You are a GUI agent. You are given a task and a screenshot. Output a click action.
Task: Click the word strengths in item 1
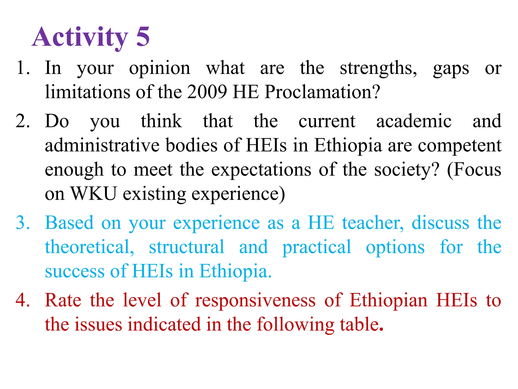click(x=378, y=68)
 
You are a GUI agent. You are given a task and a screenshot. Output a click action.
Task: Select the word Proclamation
click(x=322, y=92)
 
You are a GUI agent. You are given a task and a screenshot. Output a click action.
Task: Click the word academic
click(x=414, y=121)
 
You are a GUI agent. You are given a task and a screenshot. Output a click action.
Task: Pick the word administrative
click(x=102, y=145)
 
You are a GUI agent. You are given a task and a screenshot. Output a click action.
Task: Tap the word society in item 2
click(x=407, y=170)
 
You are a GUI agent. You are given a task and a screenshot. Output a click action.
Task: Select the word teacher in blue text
click(x=373, y=223)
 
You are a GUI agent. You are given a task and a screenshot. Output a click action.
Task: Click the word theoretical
click(x=89, y=247)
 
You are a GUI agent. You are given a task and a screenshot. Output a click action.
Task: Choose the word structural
click(x=186, y=247)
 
